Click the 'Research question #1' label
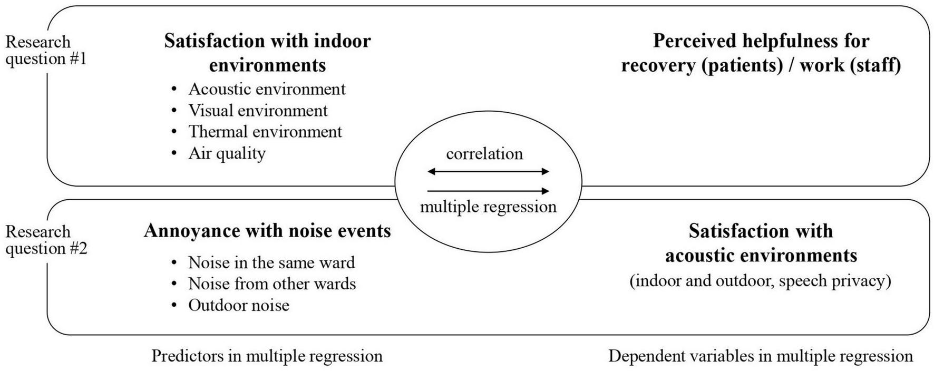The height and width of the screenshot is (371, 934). click(45, 50)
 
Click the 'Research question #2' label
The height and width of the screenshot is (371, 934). click(45, 240)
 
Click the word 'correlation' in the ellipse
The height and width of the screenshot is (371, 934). click(484, 154)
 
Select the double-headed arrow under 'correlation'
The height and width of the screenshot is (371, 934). click(488, 171)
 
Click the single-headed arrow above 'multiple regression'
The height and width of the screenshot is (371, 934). click(488, 191)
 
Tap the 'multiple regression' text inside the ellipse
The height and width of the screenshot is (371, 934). click(488, 207)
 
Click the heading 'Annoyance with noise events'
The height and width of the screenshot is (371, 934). click(267, 231)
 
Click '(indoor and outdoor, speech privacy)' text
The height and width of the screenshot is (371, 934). click(760, 281)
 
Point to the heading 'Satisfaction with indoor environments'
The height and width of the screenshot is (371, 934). click(267, 53)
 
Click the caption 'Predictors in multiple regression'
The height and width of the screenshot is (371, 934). click(267, 356)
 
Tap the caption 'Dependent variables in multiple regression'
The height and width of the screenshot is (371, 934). click(760, 356)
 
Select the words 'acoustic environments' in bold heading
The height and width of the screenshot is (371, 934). click(761, 256)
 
